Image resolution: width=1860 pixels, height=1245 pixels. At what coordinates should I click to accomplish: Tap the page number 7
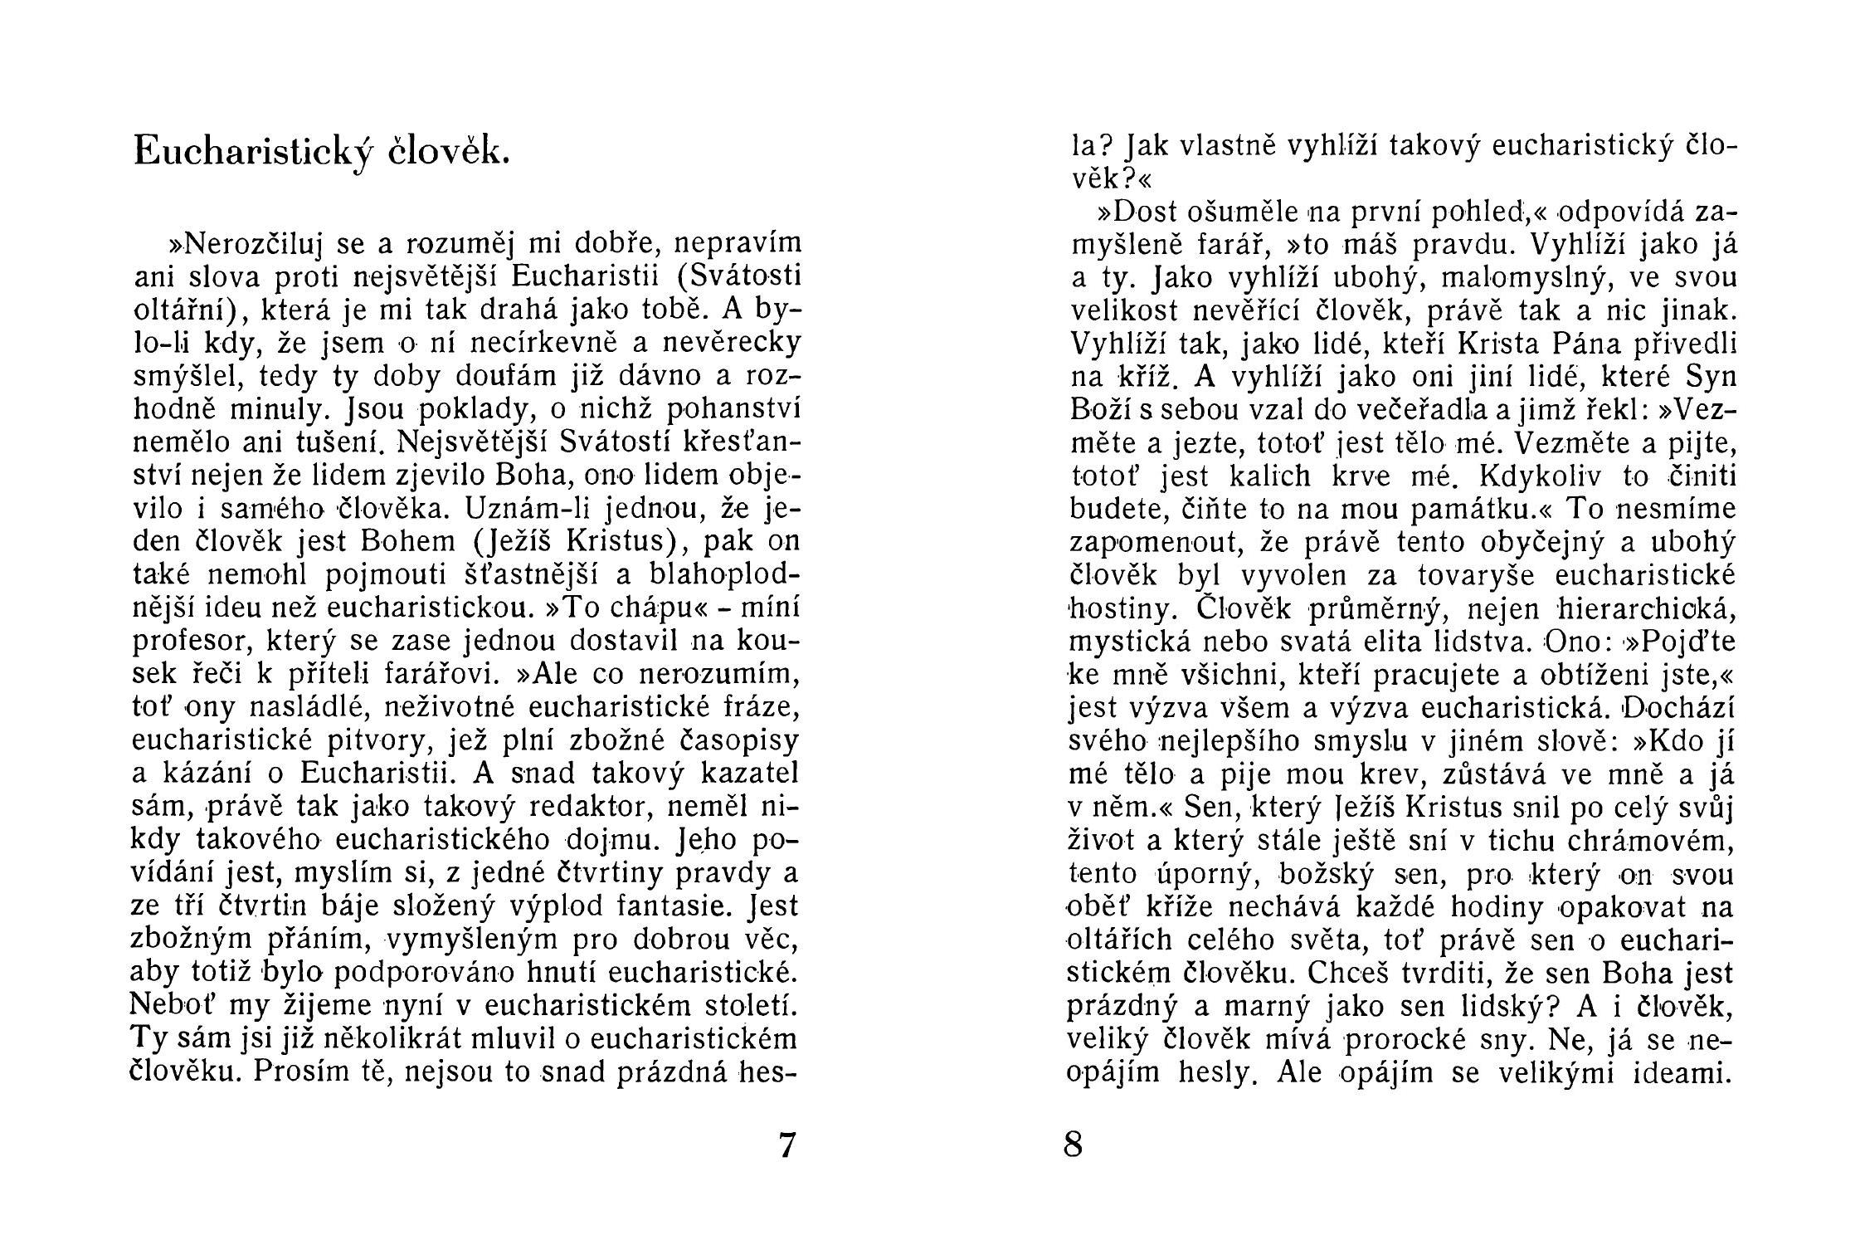786,1145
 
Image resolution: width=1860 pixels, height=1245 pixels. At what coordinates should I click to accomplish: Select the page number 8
1073,1145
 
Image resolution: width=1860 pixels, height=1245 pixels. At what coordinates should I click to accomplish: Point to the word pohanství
734,410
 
